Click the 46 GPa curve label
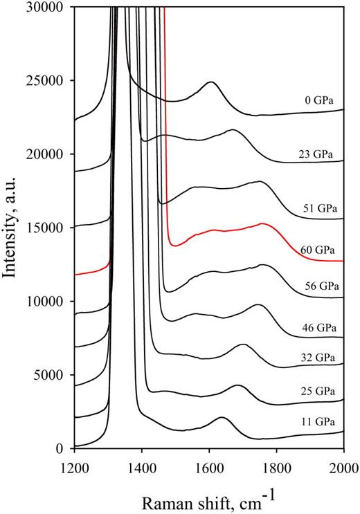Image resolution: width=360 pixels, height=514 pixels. (x=316, y=323)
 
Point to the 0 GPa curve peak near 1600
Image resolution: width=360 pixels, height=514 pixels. (x=210, y=82)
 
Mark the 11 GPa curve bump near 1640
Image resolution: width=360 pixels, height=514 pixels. (x=222, y=418)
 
